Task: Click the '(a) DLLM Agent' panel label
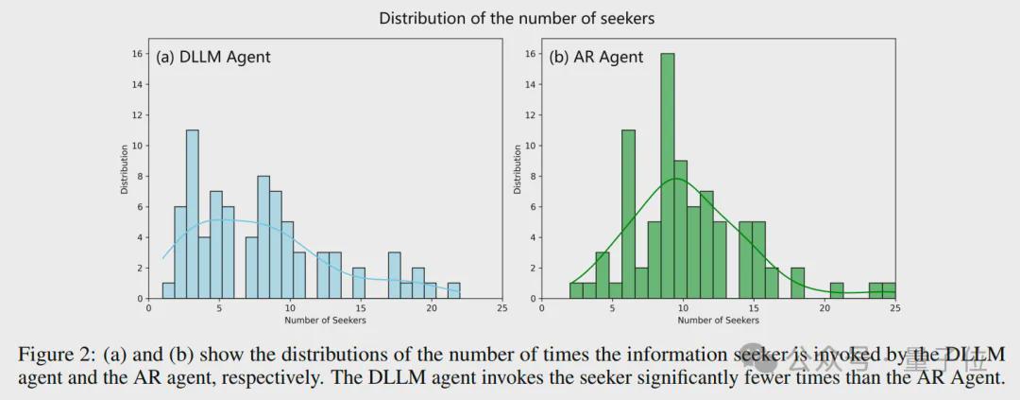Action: [213, 57]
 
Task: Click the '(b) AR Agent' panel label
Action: [596, 57]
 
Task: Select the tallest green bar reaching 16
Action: [667, 175]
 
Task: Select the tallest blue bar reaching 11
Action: [193, 214]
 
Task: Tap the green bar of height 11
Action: [628, 214]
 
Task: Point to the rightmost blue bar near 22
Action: [454, 290]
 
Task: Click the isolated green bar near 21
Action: [837, 290]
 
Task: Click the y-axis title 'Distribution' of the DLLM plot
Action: [124, 168]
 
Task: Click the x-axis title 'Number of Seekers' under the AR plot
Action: [719, 321]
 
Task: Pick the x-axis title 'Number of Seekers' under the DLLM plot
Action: [325, 321]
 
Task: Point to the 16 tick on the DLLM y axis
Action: [138, 54]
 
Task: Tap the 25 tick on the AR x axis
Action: [894, 308]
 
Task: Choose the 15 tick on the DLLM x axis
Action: [360, 308]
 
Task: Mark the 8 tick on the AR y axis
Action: [531, 176]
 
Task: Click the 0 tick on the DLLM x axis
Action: [149, 308]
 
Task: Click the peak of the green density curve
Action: [676, 178]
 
